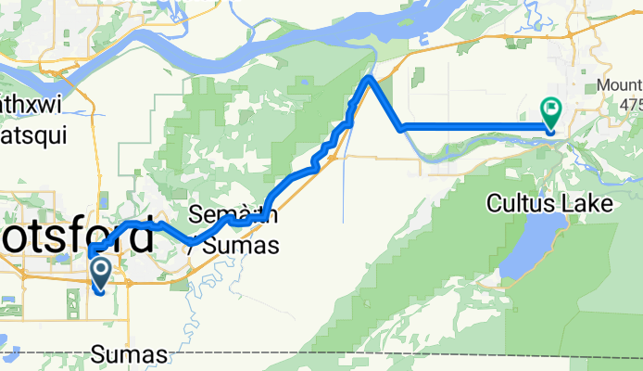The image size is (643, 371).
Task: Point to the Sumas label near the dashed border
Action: (130, 355)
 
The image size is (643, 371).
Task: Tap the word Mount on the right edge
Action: (619, 85)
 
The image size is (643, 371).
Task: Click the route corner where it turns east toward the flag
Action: (401, 128)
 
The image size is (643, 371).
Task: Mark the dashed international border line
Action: (371, 353)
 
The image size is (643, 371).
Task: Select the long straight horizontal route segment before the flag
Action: (473, 127)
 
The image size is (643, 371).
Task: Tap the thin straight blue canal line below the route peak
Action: (344, 185)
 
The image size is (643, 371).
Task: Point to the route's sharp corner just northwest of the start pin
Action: (91, 253)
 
